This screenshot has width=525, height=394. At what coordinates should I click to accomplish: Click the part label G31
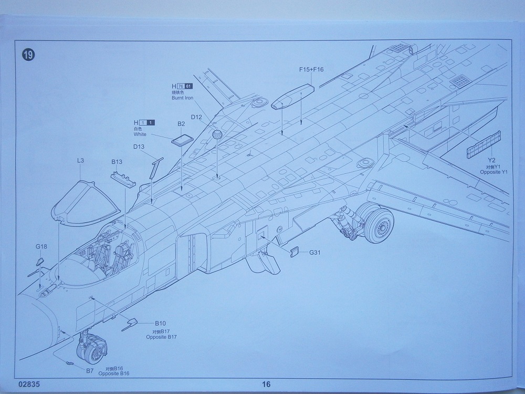pyautogui.click(x=315, y=253)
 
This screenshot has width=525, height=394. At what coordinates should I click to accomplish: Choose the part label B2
pyautogui.click(x=181, y=124)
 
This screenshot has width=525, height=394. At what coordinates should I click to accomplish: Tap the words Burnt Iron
pyautogui.click(x=182, y=98)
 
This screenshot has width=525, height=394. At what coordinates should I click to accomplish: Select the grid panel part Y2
pyautogui.click(x=484, y=144)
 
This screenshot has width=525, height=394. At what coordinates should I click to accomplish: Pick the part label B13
pyautogui.click(x=117, y=163)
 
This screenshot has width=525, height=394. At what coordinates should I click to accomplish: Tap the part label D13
pyautogui.click(x=139, y=147)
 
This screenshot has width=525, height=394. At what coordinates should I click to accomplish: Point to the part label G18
pyautogui.click(x=41, y=246)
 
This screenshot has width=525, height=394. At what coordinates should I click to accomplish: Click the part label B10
pyautogui.click(x=160, y=323)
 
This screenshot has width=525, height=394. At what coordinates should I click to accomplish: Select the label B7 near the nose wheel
pyautogui.click(x=90, y=370)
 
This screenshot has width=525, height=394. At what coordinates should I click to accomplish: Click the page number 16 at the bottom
pyautogui.click(x=266, y=384)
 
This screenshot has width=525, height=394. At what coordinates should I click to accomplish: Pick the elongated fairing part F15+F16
pyautogui.click(x=292, y=95)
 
